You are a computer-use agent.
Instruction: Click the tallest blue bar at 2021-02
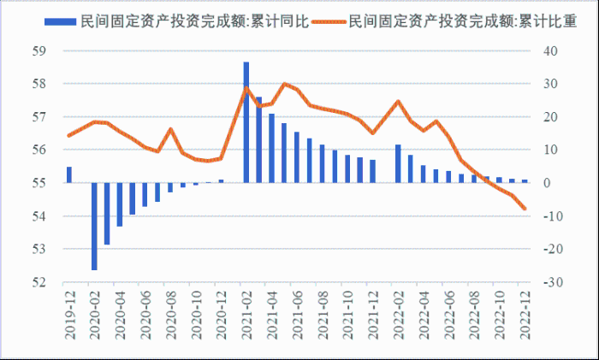click(x=246, y=122)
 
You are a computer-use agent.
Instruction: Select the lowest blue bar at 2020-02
click(x=94, y=226)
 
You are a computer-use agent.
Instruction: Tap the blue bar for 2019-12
click(x=69, y=174)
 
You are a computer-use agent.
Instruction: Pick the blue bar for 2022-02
click(x=398, y=163)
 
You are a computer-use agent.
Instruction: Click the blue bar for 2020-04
click(x=120, y=204)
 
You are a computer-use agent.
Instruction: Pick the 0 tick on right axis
click(x=547, y=183)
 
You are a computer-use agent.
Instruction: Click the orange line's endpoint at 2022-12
click(x=524, y=209)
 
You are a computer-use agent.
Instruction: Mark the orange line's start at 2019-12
click(x=69, y=135)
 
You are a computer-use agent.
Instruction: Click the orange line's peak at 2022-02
click(x=398, y=102)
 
